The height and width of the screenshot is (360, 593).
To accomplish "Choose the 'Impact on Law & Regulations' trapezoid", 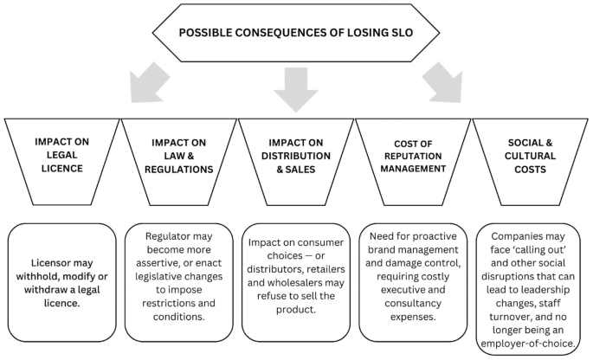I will coord(177,155).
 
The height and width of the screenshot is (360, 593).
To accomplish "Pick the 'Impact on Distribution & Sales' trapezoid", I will coord(296,155).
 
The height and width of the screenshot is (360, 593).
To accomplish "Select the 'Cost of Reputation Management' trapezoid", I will coord(413,155).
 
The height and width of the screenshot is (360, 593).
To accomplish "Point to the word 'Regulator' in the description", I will coord(163,236).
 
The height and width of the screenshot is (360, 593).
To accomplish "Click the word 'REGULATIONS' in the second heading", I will coord(177,169).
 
